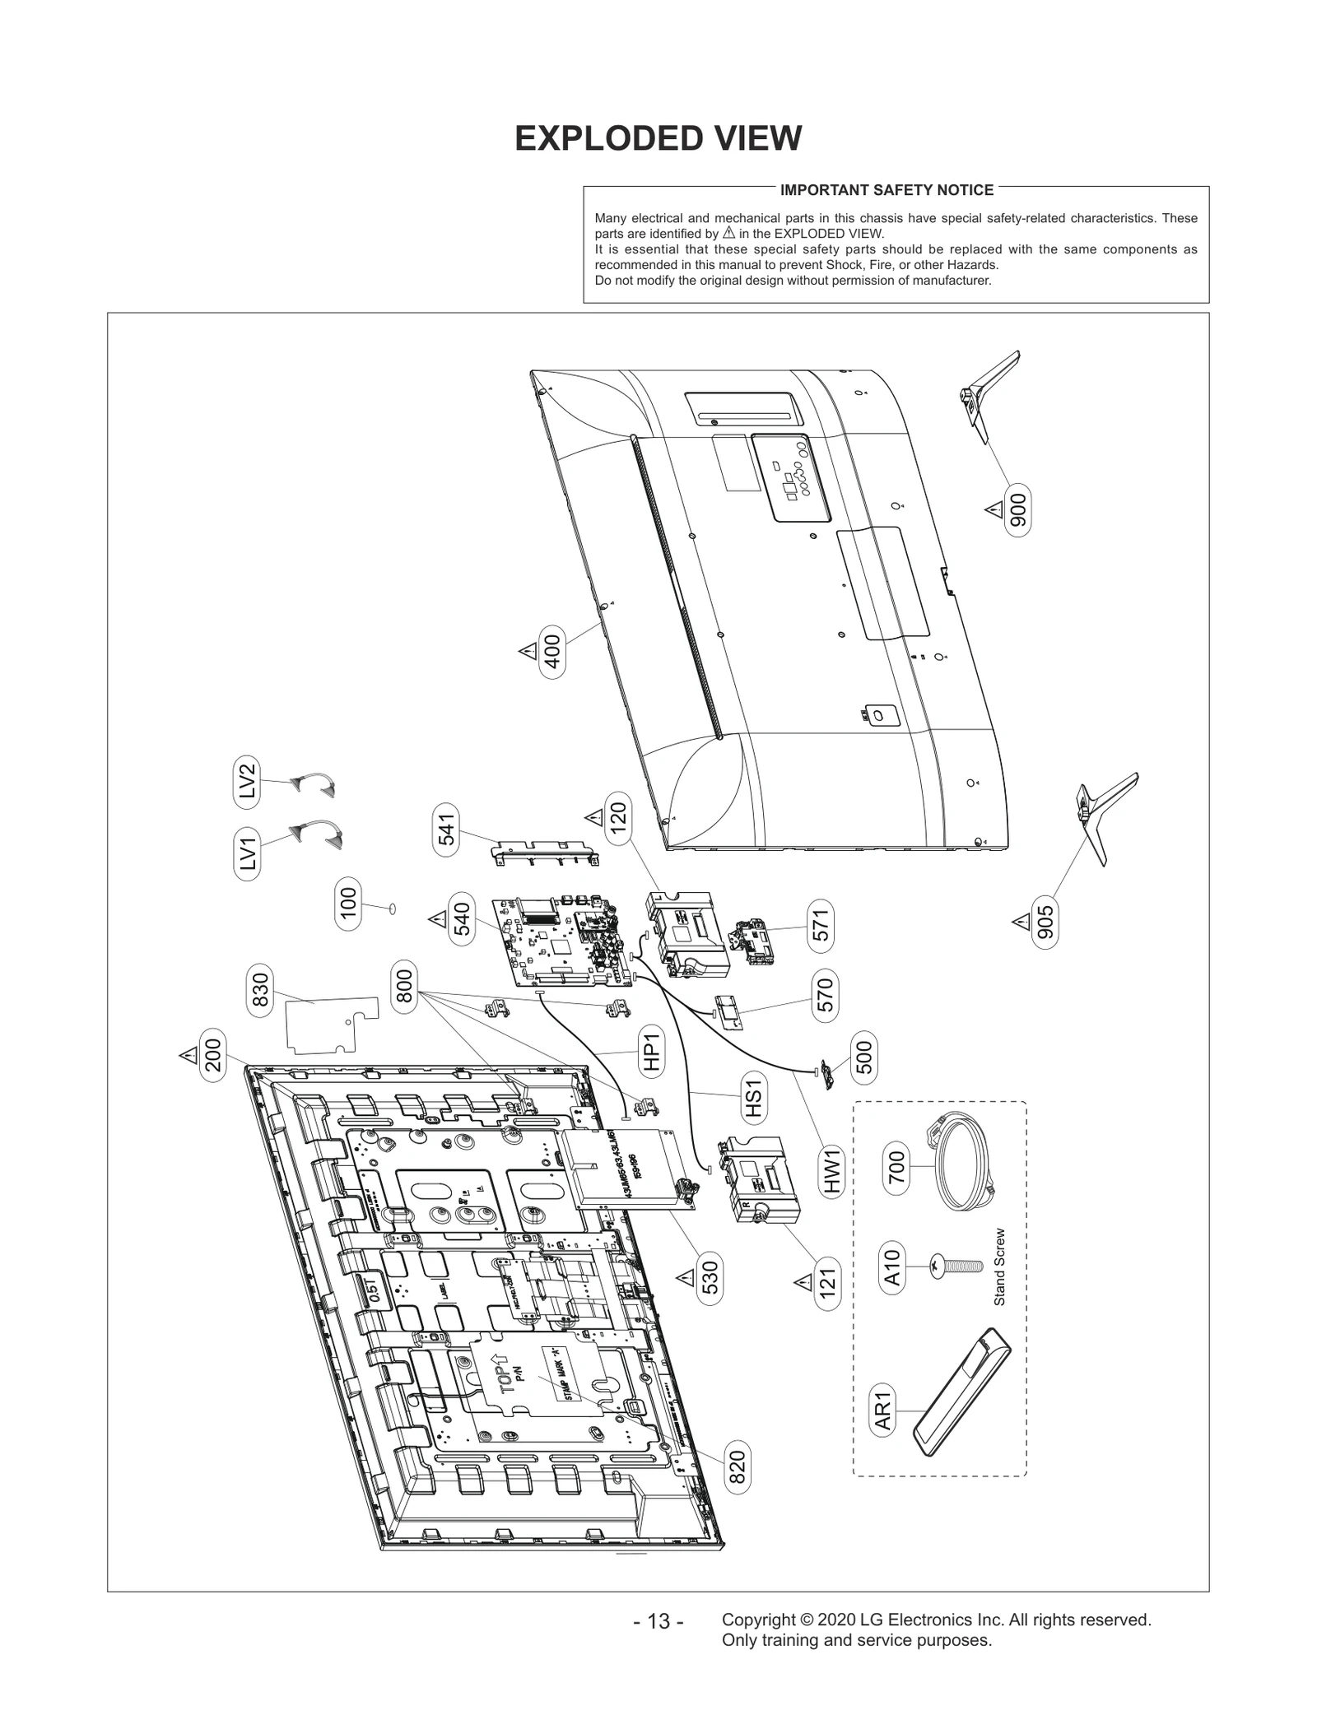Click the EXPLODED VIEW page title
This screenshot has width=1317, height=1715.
(x=658, y=138)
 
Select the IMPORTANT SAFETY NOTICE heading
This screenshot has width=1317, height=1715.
(x=887, y=190)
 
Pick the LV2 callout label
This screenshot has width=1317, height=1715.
(x=247, y=781)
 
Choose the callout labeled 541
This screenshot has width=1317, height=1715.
(x=446, y=833)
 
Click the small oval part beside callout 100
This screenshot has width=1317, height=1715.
(x=392, y=909)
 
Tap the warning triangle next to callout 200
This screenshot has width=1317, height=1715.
(x=188, y=1055)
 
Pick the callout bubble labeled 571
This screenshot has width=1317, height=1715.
(x=821, y=926)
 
